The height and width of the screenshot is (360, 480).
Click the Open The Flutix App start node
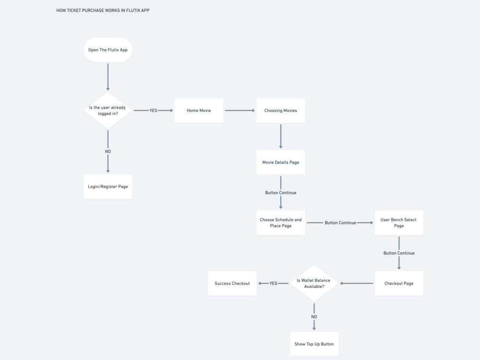[108, 50]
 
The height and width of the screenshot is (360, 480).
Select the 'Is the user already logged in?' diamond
[108, 110]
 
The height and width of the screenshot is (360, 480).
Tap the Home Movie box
[199, 110]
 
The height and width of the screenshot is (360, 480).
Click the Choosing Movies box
[280, 110]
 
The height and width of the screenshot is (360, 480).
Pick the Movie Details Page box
[280, 162]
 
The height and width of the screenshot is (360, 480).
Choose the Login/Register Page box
[108, 186]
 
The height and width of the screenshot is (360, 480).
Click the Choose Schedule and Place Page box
[280, 223]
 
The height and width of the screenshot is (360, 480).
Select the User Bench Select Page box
[398, 223]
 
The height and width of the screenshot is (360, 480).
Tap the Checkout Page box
[398, 283]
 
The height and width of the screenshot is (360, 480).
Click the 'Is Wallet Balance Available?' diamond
[314, 283]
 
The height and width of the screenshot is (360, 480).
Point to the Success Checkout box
[232, 283]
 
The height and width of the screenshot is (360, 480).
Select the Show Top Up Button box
[314, 344]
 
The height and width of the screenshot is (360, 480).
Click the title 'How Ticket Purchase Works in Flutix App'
[103, 10]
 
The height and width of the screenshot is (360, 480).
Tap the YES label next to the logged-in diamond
[153, 110]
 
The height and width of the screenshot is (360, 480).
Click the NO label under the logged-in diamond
[108, 151]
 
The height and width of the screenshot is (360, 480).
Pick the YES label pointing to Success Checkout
[273, 283]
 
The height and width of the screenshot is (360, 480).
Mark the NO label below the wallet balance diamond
[314, 317]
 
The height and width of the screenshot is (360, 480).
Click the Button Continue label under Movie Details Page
[280, 192]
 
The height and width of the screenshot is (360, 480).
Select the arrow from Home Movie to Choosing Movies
[240, 110]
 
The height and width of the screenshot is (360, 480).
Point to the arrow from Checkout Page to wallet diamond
[357, 283]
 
